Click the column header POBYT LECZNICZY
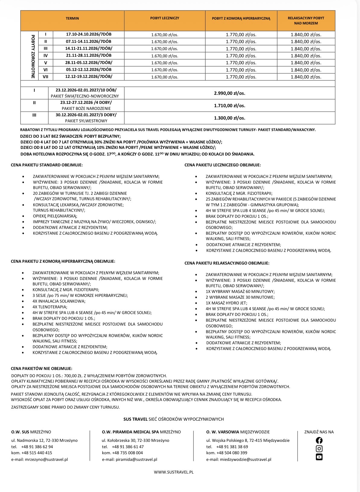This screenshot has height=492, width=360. pyautogui.click(x=164, y=18)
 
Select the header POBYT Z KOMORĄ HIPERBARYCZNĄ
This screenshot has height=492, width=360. pyautogui.click(x=241, y=18)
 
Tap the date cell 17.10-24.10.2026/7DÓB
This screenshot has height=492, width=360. pyautogui.click(x=89, y=34)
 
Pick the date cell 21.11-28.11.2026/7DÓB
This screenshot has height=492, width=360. pyautogui.click(x=89, y=55)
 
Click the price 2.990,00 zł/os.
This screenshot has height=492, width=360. pyautogui.click(x=230, y=93)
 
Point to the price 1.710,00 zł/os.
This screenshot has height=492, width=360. pyautogui.click(x=230, y=106)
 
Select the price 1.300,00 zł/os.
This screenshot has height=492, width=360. pyautogui.click(x=230, y=118)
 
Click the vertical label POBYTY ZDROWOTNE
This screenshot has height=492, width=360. pyautogui.click(x=33, y=56)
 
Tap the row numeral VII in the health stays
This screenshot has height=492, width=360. pyautogui.click(x=46, y=77)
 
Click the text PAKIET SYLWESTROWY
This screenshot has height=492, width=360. pyautogui.click(x=86, y=121)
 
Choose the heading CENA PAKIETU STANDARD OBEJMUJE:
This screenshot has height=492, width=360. pyautogui.click(x=46, y=165)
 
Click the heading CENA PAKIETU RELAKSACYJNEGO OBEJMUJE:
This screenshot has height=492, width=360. pyautogui.click(x=227, y=263)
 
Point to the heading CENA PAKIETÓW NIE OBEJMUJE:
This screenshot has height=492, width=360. pyautogui.click(x=41, y=368)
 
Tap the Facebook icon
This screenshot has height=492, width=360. pyautogui.click(x=319, y=440)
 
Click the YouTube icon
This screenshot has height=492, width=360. pyautogui.click(x=319, y=457)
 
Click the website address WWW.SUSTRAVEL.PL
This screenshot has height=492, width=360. pyautogui.click(x=174, y=472)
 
